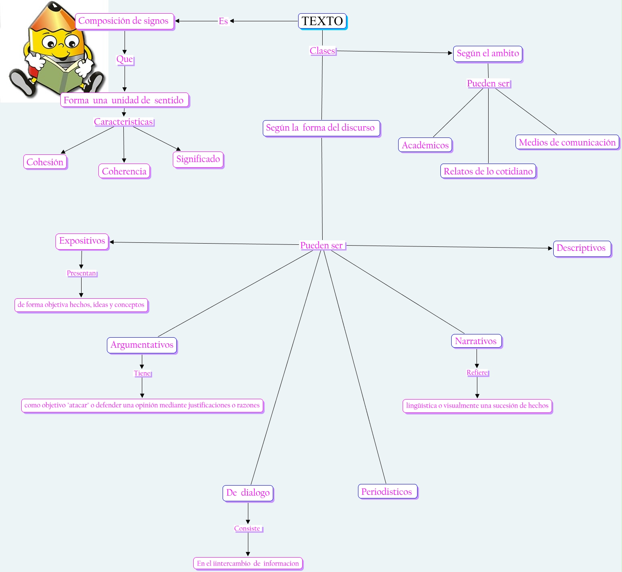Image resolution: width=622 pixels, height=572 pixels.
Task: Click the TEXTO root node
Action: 322,21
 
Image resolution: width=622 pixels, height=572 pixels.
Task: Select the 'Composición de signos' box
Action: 124,21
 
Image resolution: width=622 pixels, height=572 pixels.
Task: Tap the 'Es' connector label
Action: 223,21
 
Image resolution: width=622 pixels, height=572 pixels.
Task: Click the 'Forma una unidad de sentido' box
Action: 124,100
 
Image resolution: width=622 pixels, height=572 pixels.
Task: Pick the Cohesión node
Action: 45,162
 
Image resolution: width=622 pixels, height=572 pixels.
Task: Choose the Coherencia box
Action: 124,171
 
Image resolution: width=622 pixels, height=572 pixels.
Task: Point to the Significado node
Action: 198,159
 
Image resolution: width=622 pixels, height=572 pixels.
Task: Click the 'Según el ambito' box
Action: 488,53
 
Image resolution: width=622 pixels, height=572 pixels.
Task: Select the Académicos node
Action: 425,145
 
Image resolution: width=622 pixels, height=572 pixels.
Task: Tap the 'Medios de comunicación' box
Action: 567,142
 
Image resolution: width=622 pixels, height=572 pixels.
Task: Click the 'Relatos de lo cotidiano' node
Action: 488,171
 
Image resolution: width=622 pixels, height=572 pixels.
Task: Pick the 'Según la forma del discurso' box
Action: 321,128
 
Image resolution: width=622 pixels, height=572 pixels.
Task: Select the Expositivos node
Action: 82,241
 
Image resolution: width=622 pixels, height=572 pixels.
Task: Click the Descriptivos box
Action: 581,248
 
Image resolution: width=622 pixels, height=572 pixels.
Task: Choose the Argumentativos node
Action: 142,345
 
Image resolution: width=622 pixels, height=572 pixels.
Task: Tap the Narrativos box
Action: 476,341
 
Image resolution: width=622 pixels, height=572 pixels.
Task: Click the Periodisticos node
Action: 387,492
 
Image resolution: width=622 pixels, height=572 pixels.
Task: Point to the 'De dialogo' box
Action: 248,493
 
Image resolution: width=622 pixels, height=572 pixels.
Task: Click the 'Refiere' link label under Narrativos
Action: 477,373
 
